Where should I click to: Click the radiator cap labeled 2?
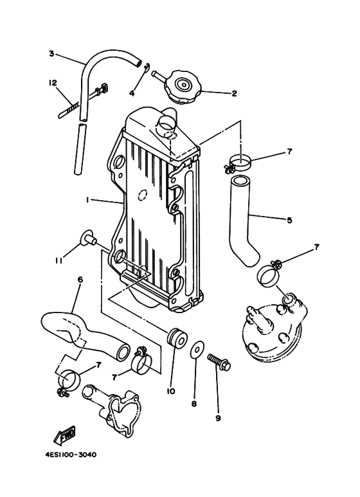[x=182, y=87]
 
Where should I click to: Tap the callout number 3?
[x=51, y=53]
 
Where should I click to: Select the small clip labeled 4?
[x=146, y=68]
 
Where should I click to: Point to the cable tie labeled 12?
[x=83, y=100]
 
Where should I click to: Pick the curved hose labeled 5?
[x=244, y=219]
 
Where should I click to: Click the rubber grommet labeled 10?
[x=177, y=338]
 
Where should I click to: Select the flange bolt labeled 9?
[x=219, y=362]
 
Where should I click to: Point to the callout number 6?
[x=80, y=280]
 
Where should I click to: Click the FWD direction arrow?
[x=64, y=435]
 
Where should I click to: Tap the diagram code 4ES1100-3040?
[x=71, y=455]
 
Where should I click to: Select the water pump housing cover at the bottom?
[x=112, y=410]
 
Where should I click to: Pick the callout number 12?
[x=53, y=83]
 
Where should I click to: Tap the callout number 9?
[x=218, y=419]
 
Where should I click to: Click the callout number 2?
[x=234, y=93]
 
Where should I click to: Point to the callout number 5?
[x=289, y=220]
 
